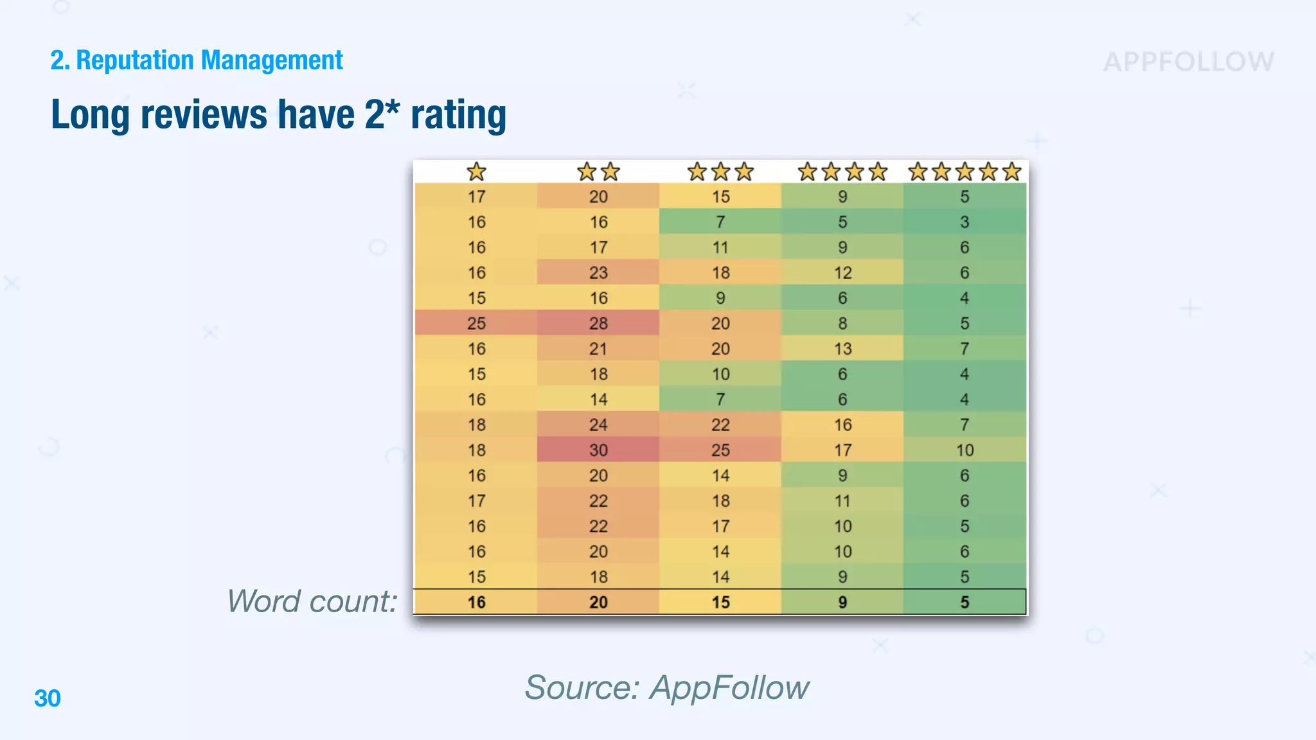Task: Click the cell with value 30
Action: coord(598,450)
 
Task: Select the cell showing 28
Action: coord(598,323)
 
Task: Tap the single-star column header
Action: coord(476,172)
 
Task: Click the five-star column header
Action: coord(965,172)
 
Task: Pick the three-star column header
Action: coord(720,172)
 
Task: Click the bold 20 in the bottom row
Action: coord(598,603)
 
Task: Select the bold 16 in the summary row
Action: coord(476,603)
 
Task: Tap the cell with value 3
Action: coord(965,222)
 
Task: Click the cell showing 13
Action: coord(842,349)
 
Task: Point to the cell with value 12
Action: coord(842,273)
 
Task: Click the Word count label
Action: coord(312,602)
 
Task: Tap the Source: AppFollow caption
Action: coord(666,687)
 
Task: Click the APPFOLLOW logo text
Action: coord(1188,62)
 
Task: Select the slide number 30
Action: coord(47,698)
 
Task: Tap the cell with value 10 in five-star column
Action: coord(965,450)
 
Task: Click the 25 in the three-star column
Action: coord(720,450)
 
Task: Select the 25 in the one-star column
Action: coord(476,323)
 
